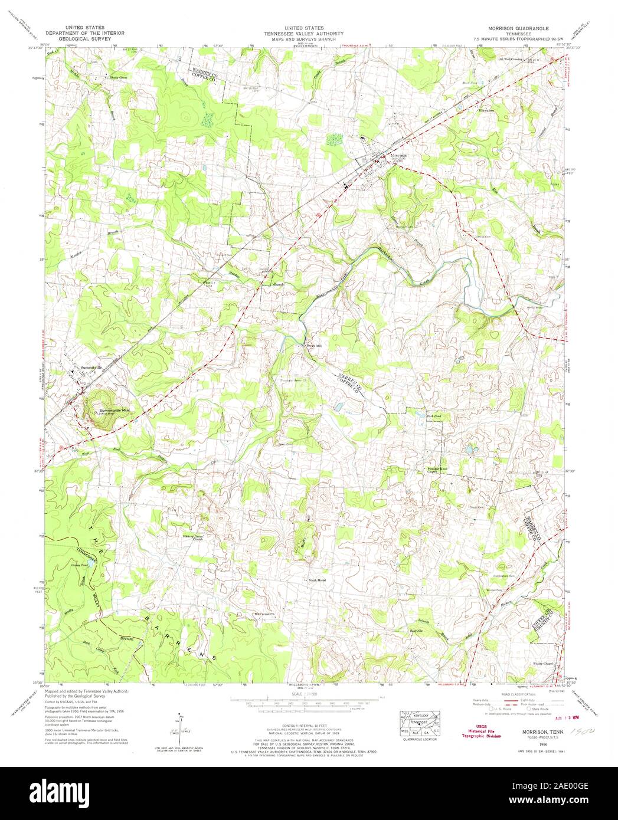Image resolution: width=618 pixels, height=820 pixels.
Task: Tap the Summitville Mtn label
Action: pos(115,410)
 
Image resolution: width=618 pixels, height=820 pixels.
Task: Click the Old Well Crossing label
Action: pos(510,59)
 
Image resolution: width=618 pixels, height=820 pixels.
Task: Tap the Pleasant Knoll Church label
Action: pos(439,470)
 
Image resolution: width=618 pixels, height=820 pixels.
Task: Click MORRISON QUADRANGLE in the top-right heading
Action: pos(517,28)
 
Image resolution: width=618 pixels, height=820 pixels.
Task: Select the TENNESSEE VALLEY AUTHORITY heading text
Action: pos(305,34)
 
